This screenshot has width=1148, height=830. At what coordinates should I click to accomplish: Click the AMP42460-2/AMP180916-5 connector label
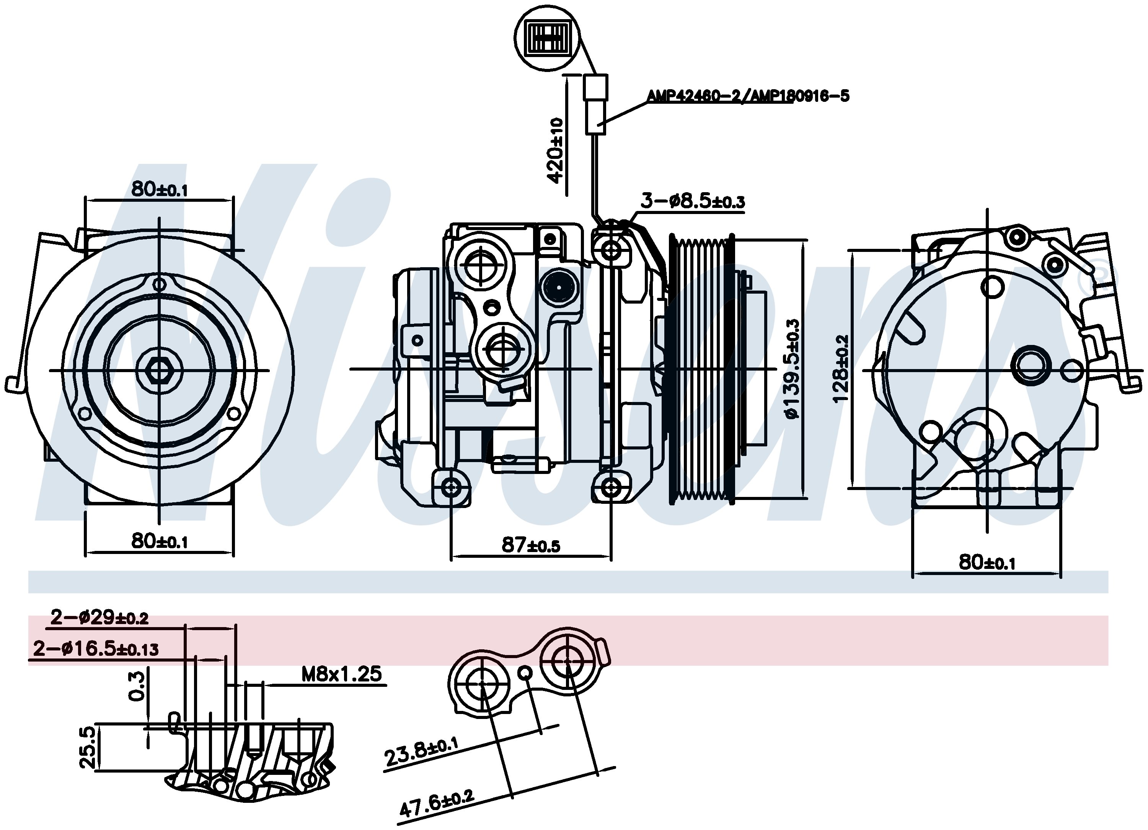coord(748,96)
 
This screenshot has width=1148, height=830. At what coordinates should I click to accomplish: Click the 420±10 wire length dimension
coord(555,151)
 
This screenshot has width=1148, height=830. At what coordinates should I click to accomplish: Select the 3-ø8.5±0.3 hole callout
coord(693,201)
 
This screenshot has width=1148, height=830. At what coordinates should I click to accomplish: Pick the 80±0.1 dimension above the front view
coord(159,190)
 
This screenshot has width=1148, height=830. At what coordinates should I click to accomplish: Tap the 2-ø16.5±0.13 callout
coord(96,649)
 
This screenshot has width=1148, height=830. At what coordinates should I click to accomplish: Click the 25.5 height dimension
coord(88,747)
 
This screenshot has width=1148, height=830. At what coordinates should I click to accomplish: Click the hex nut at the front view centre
coord(160,371)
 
